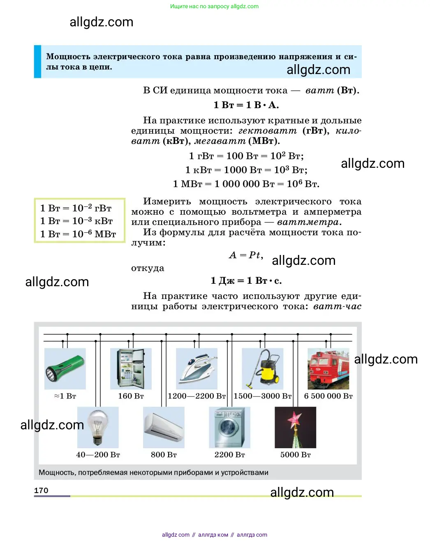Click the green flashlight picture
click(x=65, y=368)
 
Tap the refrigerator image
click(x=131, y=368)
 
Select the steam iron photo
click(x=197, y=368)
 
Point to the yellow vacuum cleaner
click(x=263, y=368)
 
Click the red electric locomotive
click(x=328, y=368)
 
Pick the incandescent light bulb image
click(x=98, y=427)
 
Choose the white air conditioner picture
click(x=164, y=427)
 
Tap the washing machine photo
click(x=229, y=427)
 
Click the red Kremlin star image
click(x=295, y=427)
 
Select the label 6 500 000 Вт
click(x=328, y=396)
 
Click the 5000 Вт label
click(x=295, y=455)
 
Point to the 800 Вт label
click(x=164, y=455)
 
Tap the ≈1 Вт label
click(x=65, y=396)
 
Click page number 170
click(x=41, y=490)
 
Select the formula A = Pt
click(x=246, y=255)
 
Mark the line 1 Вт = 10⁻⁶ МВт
click(x=78, y=234)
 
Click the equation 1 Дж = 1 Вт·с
click(x=246, y=281)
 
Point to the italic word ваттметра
click(x=308, y=222)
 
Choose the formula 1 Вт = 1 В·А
click(x=246, y=105)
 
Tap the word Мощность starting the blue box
click(x=68, y=56)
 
